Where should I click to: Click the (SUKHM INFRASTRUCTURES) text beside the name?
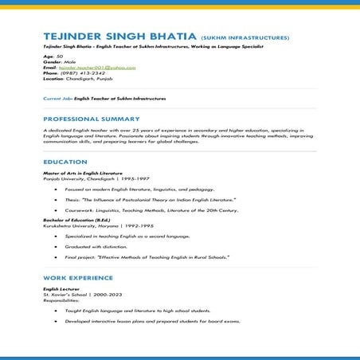pos(245,38)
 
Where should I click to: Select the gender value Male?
pos(68,62)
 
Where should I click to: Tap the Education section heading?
pos(65,162)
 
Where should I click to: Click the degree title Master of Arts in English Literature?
pos(82,173)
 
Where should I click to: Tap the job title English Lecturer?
pos(61,289)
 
